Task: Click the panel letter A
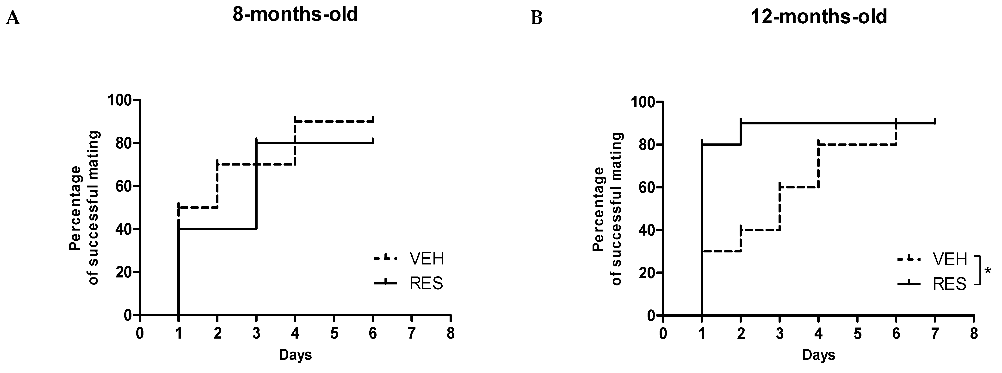13,18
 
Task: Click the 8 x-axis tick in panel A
451,334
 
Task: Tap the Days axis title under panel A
295,355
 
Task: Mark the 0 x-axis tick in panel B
663,334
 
